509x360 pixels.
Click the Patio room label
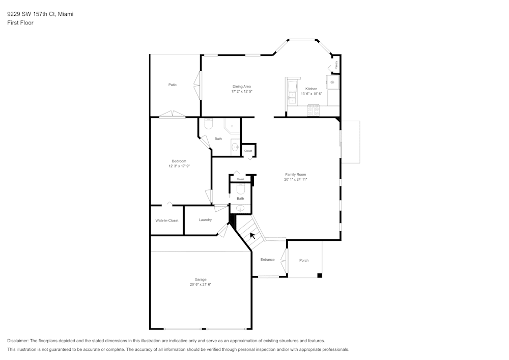point(173,85)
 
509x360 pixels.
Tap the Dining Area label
point(242,87)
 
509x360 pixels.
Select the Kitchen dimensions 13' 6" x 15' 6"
point(311,94)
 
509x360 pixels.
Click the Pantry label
point(336,65)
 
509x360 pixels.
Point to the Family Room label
point(296,175)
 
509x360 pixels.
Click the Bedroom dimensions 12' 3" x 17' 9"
point(179,166)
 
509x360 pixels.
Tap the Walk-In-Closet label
point(167,220)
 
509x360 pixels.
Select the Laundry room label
point(205,220)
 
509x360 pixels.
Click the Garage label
point(201,280)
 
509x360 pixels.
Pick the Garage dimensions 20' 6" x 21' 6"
point(201,285)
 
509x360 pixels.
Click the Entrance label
point(267,260)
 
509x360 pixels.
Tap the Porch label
point(304,260)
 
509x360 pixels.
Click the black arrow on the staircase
point(252,235)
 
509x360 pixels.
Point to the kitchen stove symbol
point(313,109)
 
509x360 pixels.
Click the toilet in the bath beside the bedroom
point(208,124)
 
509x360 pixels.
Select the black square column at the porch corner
point(320,275)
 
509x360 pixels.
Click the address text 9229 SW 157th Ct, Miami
point(40,14)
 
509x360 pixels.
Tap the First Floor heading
point(20,23)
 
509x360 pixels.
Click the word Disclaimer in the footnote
point(18,341)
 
